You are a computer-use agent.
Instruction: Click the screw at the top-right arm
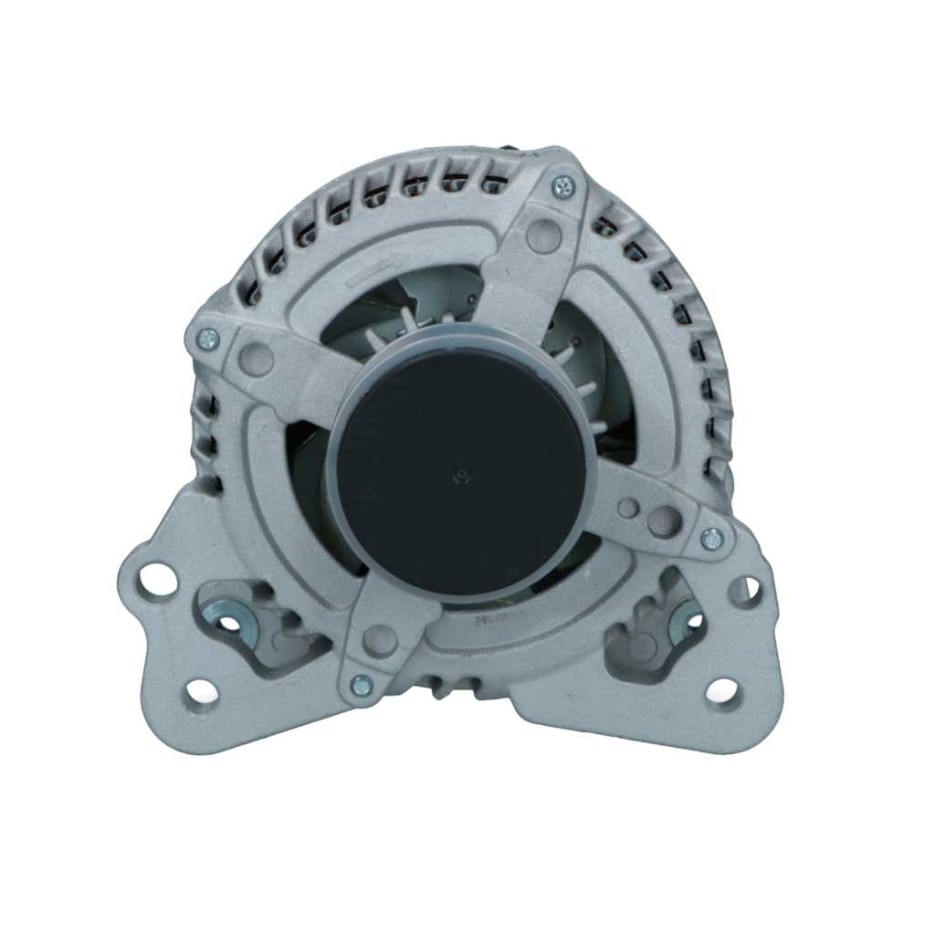[x=563, y=186]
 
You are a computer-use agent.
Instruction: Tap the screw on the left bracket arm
[x=207, y=340]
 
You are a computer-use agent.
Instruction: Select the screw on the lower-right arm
[x=711, y=539]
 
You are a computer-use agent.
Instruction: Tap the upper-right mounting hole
[x=746, y=592]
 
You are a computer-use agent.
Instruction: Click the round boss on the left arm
[x=258, y=359]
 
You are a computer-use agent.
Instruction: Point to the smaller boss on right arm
[x=628, y=508]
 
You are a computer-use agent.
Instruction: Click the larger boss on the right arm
[x=664, y=521]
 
